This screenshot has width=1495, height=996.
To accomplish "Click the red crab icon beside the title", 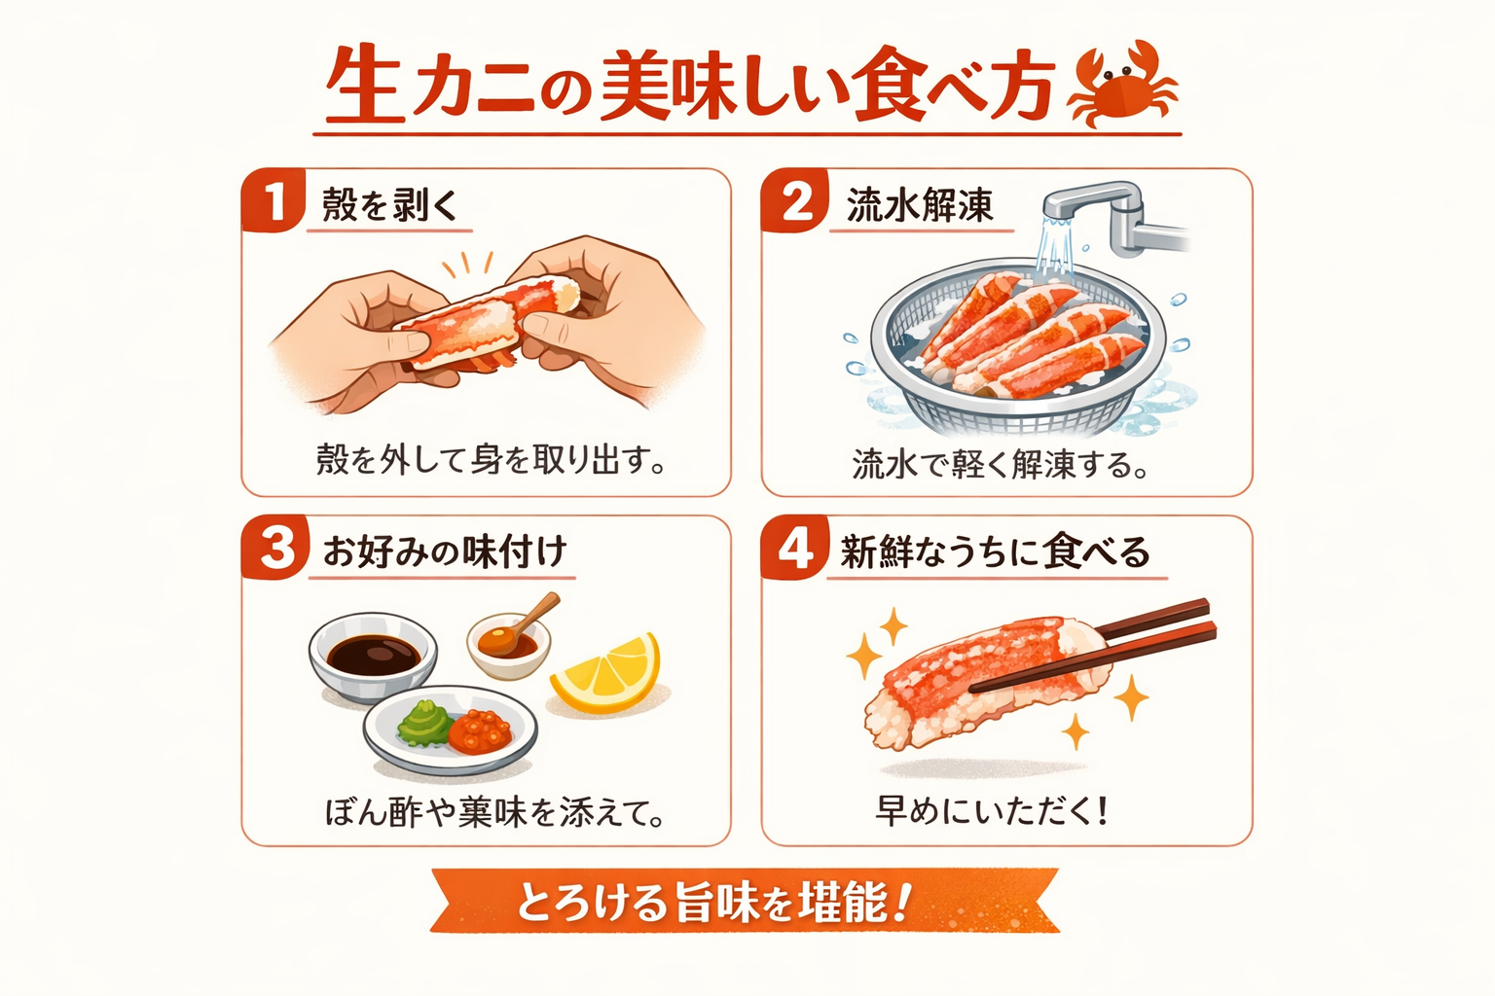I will point(1122,86).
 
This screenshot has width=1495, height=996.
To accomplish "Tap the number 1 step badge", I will point(273,201).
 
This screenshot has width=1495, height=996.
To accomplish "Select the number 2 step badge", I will point(795,201).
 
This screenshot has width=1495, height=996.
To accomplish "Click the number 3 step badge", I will point(275,548).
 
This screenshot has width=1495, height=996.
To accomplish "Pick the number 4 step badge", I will point(795,549).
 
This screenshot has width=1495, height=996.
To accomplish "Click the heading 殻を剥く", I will point(390,205).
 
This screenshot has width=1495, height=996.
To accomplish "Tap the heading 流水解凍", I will point(920,205).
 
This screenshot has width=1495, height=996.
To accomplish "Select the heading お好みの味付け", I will point(445,551).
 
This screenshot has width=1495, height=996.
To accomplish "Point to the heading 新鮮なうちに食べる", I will point(996,551).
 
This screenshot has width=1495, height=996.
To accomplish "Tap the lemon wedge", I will point(608,673).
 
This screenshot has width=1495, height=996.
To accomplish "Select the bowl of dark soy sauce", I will point(372,656).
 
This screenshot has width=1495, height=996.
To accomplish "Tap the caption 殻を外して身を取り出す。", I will point(491,459).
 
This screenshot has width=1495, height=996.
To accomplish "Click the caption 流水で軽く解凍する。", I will point(1001,464).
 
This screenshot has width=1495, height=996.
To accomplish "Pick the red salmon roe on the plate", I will point(480,730).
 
